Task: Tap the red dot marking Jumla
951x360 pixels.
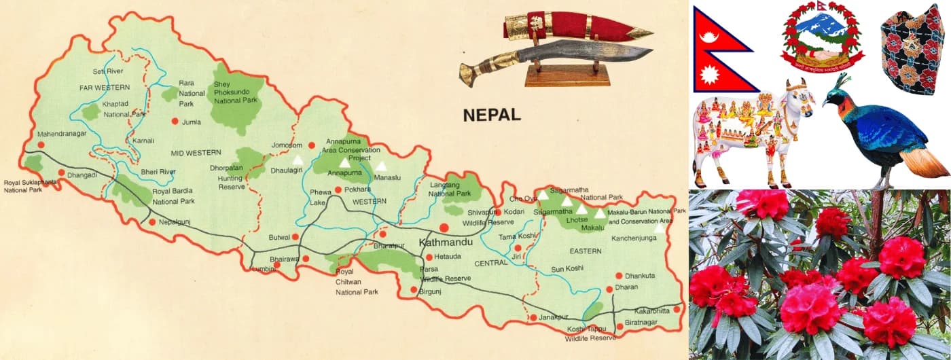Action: pos(175,121)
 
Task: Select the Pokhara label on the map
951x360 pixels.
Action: pos(357,190)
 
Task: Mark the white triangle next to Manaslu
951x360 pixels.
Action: pos(381,166)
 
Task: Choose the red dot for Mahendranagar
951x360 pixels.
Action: pos(41,145)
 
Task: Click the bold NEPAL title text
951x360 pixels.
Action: pos(492,115)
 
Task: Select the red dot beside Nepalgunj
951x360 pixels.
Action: pos(152,221)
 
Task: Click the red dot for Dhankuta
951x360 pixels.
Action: pos(619,276)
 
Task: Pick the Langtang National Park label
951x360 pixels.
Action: pos(450,189)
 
